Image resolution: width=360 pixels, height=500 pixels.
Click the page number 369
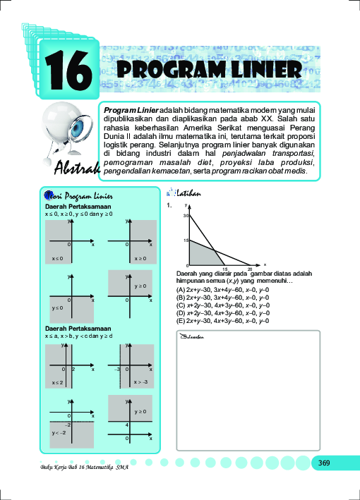point(324,463)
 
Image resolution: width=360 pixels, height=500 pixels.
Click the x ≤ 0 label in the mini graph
point(56,259)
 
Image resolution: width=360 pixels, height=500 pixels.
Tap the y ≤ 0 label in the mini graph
point(57,308)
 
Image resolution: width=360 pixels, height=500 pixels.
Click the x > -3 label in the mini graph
point(140,382)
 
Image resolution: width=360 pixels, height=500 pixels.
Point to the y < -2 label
point(59,432)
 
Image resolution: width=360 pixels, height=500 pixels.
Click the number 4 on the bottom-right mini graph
point(126,425)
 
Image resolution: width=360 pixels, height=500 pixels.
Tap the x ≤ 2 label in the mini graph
point(57,382)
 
